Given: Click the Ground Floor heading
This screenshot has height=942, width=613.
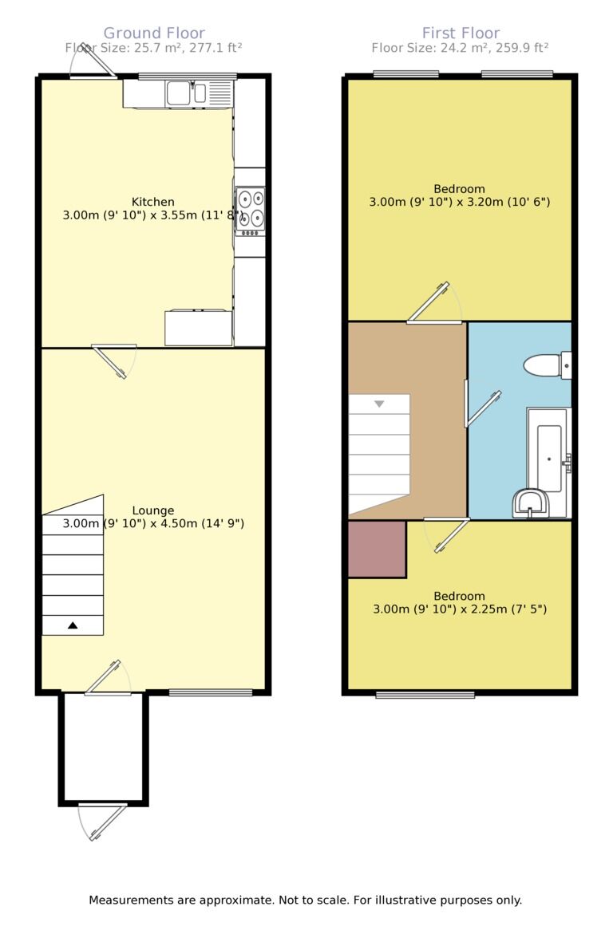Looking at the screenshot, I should pos(154,33).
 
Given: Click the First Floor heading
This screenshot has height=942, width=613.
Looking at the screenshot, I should pos(461,33).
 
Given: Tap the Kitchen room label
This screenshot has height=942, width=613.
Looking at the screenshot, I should pos(153,202).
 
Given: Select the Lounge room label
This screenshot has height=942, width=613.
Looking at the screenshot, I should pos(153,510).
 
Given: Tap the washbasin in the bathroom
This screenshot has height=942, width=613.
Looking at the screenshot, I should pos(529,503).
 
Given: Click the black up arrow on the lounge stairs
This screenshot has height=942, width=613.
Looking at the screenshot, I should pos(73,625).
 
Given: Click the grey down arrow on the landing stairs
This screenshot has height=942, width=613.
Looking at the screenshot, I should pos(379,404).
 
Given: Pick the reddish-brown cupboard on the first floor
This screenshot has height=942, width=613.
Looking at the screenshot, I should pos(377,549).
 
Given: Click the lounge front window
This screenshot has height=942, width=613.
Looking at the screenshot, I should pos(211,692).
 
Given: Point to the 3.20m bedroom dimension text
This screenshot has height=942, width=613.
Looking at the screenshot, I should pos(460,202).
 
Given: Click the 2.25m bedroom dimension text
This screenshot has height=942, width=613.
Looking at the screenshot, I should pos(460,609).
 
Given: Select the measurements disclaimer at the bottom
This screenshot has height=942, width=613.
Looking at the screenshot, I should pos(306,900).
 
